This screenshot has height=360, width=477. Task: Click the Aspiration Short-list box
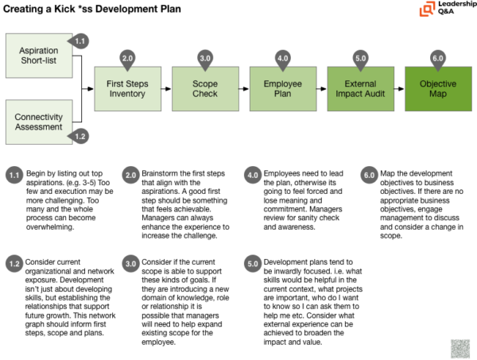pyautogui.click(x=39, y=56)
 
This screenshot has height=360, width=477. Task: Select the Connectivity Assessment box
pyautogui.click(x=39, y=122)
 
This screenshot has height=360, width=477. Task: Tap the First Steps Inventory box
pyautogui.click(x=127, y=89)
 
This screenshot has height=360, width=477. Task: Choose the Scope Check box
pyautogui.click(x=204, y=89)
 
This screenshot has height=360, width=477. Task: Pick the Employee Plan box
pyautogui.click(x=282, y=89)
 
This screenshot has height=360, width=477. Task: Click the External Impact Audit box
pyautogui.click(x=360, y=89)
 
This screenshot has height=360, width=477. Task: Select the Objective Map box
pyautogui.click(x=437, y=89)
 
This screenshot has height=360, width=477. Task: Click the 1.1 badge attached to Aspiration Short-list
pyautogui.click(x=79, y=41)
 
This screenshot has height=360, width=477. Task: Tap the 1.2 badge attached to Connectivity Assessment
pyautogui.click(x=79, y=136)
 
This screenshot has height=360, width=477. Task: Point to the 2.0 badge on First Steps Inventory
pyautogui.click(x=127, y=58)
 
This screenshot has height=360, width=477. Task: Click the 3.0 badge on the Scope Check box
pyautogui.click(x=205, y=58)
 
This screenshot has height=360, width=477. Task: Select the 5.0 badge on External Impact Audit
pyautogui.click(x=360, y=58)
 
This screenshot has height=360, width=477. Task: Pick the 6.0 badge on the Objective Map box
pyautogui.click(x=437, y=58)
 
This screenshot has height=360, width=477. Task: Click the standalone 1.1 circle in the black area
pyautogui.click(x=14, y=175)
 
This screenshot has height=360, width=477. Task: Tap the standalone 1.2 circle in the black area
pyautogui.click(x=14, y=264)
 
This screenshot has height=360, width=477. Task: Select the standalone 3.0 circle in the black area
pyautogui.click(x=131, y=264)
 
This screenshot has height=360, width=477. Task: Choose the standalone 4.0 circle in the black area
pyautogui.click(x=253, y=175)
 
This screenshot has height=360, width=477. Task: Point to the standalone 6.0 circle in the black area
pyautogui.click(x=369, y=175)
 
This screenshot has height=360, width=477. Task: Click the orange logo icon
pyautogui.click(x=428, y=10)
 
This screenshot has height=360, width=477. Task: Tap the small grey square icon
pyautogui.click(x=460, y=348)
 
